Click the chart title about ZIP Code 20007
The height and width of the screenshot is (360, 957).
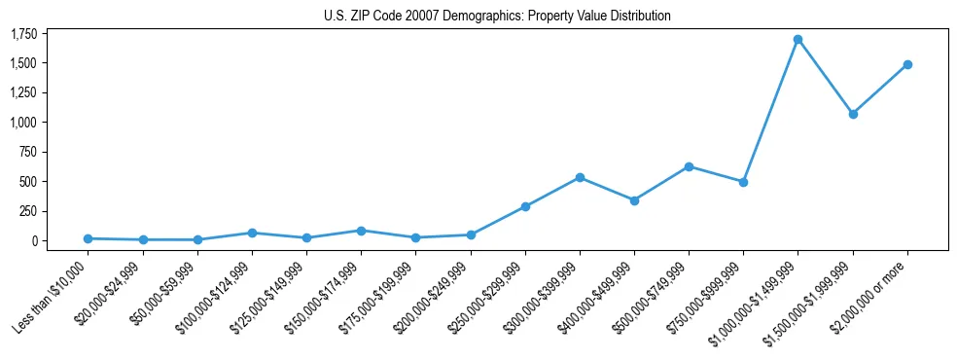(497, 17)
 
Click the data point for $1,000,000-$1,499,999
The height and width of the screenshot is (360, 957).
(797, 40)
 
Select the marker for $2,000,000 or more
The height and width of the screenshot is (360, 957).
(906, 65)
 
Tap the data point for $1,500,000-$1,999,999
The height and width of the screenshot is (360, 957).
(852, 114)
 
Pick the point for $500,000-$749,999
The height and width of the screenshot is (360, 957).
(689, 166)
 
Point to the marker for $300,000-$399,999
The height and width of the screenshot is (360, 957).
(580, 177)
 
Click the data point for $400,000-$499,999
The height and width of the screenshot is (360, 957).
(634, 200)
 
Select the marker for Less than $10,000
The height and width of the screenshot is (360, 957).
(89, 238)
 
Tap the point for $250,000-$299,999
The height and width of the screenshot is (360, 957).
(525, 206)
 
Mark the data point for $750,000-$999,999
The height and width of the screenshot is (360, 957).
(743, 182)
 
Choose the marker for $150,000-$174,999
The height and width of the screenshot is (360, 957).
(361, 231)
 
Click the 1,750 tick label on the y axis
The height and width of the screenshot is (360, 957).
(22, 34)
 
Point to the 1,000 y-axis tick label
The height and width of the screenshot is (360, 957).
(22, 123)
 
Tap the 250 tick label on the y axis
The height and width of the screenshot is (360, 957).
(27, 211)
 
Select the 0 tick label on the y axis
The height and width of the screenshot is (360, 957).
(33, 240)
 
